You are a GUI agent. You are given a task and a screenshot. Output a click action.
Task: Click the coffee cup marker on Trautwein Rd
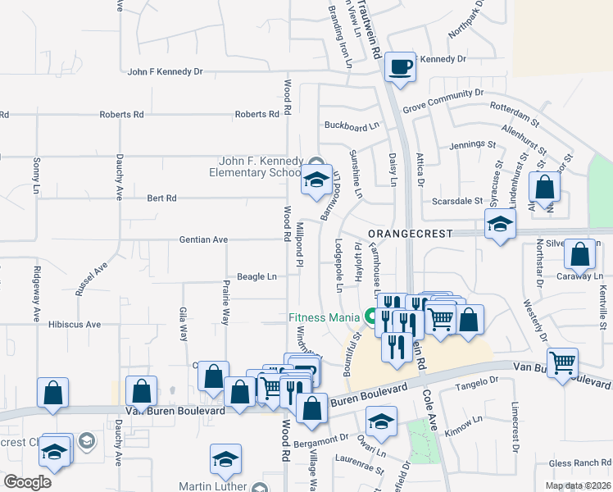coord(400,67)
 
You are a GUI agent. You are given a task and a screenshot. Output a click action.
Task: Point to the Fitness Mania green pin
coord(370,317)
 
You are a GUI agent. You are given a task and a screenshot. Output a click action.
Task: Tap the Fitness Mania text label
coord(324,317)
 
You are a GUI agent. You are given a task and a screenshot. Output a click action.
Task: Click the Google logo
coord(27,482)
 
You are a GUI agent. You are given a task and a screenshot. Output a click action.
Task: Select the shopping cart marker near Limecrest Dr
coord(562,363)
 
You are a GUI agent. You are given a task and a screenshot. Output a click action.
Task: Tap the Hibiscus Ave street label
coord(75,325)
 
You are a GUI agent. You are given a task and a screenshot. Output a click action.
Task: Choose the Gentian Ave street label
coord(203,239)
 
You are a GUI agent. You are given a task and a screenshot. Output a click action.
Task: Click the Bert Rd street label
coord(161,198)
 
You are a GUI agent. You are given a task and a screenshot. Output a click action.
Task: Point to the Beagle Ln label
coord(255,277)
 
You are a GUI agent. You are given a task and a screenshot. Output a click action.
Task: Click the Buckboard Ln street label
coord(352,126)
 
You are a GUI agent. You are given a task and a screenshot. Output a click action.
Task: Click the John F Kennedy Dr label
coord(166,72)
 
